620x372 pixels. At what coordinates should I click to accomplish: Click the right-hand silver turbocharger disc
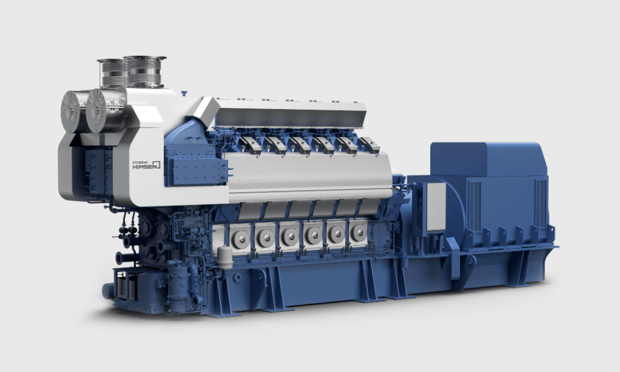click(x=97, y=110)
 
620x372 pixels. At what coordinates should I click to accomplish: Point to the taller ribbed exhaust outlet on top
click(x=144, y=71)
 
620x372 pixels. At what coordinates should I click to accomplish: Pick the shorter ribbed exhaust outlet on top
click(x=112, y=73)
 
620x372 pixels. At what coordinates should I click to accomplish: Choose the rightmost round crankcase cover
click(x=358, y=232)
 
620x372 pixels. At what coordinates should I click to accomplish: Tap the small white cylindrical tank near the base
click(x=224, y=258)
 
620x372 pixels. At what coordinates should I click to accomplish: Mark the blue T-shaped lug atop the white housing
click(x=184, y=94)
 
